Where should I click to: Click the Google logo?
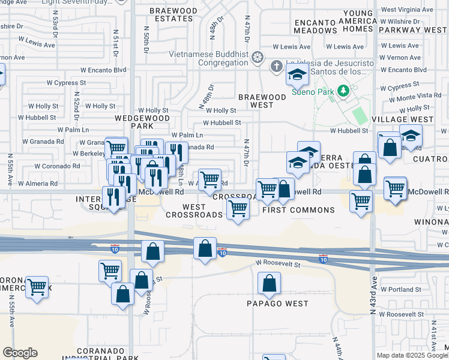pos(20,353)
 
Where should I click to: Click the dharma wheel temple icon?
pos(258,58)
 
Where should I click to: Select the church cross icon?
pos(276,65)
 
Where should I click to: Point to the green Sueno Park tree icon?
pos(343,91)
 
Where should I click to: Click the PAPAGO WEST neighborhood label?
pos(277,303)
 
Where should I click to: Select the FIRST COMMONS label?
pos(299,210)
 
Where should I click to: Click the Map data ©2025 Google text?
pos(411,355)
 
